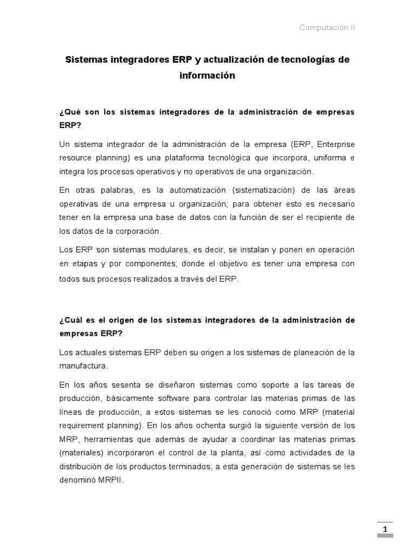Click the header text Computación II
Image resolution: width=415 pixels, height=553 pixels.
coord(327,28)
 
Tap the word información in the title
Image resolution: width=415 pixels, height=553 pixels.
coord(207,76)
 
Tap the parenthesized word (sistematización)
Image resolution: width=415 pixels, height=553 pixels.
coord(256,191)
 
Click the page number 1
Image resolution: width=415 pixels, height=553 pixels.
coord(385,530)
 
